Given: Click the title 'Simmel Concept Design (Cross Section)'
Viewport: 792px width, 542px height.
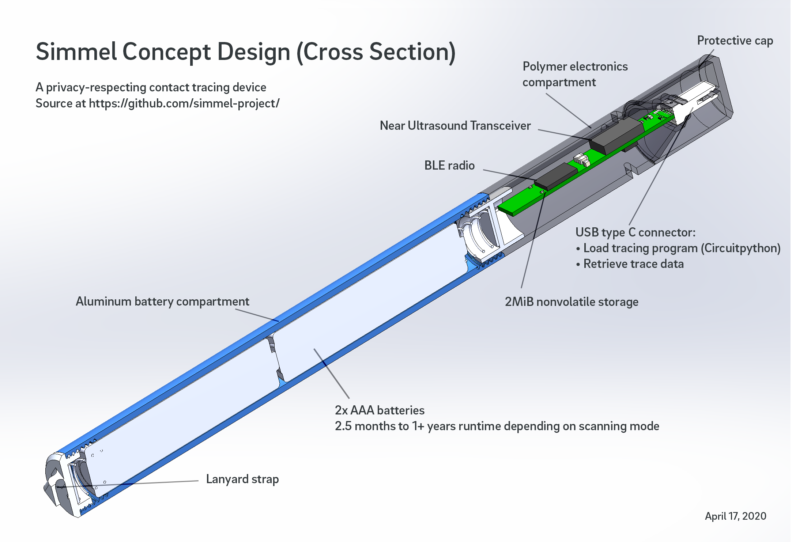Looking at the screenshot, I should [x=246, y=52].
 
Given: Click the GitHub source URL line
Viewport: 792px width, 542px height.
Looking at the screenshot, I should [x=157, y=104].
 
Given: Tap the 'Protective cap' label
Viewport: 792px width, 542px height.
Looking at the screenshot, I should [x=735, y=41].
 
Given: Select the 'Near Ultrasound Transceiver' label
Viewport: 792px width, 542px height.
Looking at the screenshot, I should [x=455, y=126].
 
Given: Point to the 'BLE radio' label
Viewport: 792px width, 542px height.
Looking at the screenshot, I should [x=449, y=166].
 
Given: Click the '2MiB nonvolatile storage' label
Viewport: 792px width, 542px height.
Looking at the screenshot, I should [x=571, y=302].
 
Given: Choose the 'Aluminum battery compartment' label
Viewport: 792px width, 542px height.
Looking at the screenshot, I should [x=162, y=302].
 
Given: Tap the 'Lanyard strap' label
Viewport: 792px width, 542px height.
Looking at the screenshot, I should [x=242, y=479].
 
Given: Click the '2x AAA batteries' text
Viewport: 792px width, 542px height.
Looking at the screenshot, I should [x=380, y=410].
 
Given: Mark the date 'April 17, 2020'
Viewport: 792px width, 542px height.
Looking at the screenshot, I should [x=735, y=516].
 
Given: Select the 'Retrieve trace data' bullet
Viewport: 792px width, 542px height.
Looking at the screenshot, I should [x=633, y=264].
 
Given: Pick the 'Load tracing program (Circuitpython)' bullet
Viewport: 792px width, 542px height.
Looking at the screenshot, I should [x=681, y=248].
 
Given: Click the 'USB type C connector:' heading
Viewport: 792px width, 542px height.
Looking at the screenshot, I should [x=635, y=232].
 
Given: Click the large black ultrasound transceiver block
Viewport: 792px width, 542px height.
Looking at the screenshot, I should [x=617, y=136].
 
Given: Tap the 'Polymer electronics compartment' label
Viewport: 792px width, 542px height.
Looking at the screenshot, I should [x=575, y=74].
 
